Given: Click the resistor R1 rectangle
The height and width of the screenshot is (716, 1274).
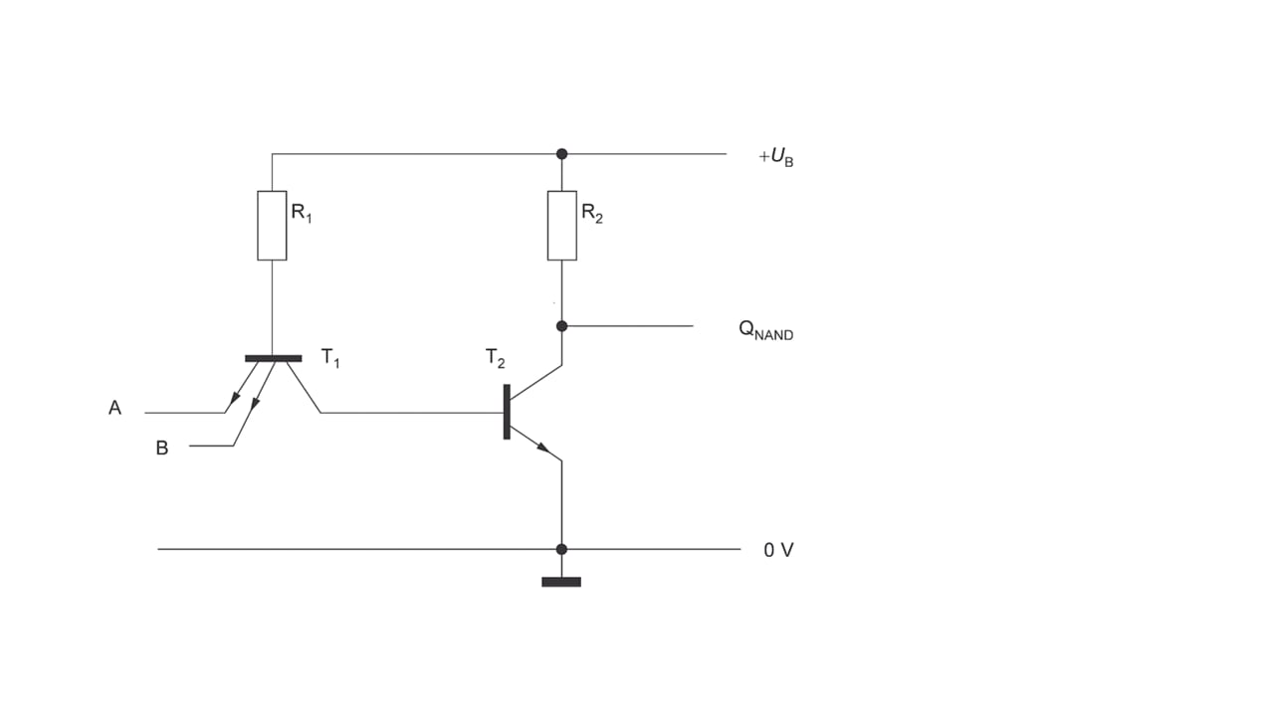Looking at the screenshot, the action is tap(272, 226).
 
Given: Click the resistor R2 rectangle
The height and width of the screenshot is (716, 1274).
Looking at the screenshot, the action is tap(562, 226).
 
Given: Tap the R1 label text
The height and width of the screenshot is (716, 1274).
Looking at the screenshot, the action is tap(302, 213).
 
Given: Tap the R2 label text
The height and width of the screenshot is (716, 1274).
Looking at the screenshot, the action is tap(592, 213).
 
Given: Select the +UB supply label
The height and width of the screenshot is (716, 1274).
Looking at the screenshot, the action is tap(776, 157).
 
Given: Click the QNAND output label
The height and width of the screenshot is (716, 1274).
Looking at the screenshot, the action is tap(765, 329).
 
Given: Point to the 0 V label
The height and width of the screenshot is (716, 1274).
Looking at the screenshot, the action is tap(778, 550).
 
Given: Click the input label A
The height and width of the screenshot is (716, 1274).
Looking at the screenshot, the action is tap(114, 408).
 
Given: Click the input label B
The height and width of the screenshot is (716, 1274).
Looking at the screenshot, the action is tap(162, 447).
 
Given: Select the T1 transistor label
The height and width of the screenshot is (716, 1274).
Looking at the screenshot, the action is tap(330, 358).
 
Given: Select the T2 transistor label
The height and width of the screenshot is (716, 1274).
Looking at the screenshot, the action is tap(495, 358).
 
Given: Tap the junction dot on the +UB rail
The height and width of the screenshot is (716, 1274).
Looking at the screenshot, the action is tap(562, 154).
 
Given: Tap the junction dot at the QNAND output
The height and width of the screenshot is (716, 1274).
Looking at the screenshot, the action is tap(562, 326).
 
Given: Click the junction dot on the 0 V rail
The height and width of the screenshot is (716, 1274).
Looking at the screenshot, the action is tap(562, 550).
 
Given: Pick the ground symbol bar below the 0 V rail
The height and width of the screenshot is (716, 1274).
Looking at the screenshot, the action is tap(561, 582).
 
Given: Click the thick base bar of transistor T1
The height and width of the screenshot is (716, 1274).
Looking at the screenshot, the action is tap(274, 359).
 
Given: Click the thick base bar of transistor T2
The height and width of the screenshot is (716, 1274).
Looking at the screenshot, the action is tap(507, 412).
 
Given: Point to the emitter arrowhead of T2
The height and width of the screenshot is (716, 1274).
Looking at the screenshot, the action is tap(543, 447).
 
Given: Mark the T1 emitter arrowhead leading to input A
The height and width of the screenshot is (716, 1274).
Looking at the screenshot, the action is tap(234, 398).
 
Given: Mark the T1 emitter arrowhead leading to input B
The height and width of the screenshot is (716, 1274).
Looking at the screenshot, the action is tap(256, 402).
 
